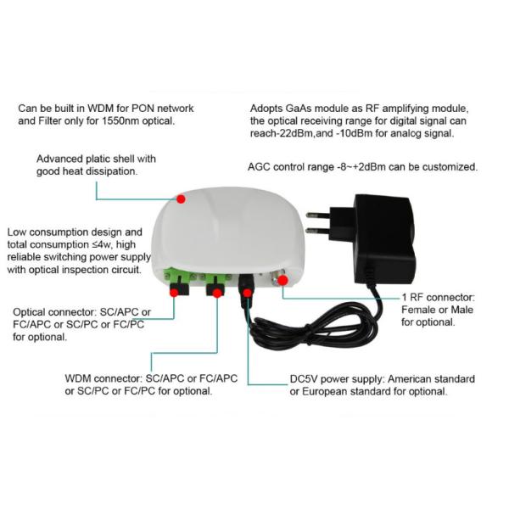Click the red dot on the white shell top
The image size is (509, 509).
[x=181, y=199]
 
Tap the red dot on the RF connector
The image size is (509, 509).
[x=282, y=280]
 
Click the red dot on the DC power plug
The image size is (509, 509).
[x=248, y=294]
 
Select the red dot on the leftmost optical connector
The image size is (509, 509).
[x=174, y=292]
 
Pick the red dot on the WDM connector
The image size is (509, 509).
[x=217, y=293]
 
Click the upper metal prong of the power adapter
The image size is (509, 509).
[x=318, y=215]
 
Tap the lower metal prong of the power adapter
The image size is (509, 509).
[x=318, y=231]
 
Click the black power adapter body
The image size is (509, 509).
[x=383, y=238]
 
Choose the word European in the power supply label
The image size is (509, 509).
[x=323, y=391]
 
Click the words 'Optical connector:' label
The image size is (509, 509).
[x=55, y=312]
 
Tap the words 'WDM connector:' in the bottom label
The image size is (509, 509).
[x=103, y=378]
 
